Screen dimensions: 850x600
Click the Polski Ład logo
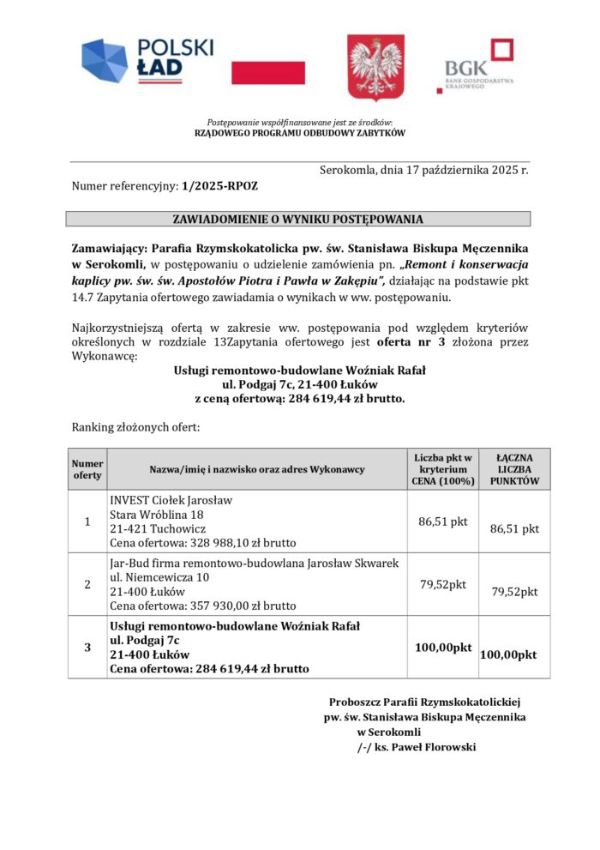[x=147, y=62]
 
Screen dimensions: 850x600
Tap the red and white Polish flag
[x=268, y=72]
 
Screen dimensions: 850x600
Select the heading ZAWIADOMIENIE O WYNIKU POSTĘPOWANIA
[x=297, y=219]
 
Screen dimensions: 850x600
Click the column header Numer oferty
[x=87, y=468]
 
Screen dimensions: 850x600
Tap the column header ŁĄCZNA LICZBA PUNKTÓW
[x=514, y=469]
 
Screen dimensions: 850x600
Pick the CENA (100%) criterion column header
[x=442, y=469]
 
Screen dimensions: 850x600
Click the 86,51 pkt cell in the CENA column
[x=442, y=520]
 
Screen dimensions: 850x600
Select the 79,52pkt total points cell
[x=514, y=591]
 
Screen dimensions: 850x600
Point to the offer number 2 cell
[x=87, y=585]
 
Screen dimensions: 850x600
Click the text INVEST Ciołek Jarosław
[x=171, y=500]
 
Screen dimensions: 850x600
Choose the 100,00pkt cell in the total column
[x=509, y=654]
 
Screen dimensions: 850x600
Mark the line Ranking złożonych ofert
[x=135, y=426]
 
